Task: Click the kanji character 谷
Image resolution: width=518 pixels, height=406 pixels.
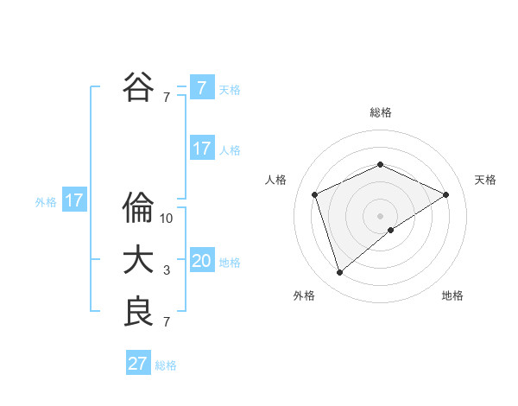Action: pos(138,86)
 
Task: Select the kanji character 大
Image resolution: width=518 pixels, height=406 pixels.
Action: pos(138,260)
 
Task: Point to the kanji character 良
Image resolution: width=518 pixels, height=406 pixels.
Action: pos(138,312)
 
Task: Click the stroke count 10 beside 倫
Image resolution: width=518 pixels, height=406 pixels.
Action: pos(167,219)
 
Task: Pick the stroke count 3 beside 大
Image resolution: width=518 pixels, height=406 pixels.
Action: pos(167,270)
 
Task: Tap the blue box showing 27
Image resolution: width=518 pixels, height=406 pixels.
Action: pos(138,364)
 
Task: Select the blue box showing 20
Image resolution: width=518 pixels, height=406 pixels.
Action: pos(202,261)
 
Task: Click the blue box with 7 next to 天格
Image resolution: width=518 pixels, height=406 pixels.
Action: pos(202,88)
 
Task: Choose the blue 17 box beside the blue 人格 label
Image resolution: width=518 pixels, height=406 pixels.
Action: pos(202,149)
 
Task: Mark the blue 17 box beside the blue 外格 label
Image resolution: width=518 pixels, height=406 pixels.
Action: pos(74,201)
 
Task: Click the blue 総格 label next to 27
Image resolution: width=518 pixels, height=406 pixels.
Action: pos(166,365)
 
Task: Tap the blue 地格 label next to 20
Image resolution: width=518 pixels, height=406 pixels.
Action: pos(231,263)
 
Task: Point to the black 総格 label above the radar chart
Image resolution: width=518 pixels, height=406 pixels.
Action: pos(381,112)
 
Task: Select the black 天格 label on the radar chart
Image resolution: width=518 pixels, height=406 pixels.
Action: pos(486,180)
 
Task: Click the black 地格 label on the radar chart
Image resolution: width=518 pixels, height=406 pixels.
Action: pos(452,295)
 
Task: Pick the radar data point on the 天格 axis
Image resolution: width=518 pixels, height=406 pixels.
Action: pos(446,194)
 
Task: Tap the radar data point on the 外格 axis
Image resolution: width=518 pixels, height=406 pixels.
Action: pos(340,273)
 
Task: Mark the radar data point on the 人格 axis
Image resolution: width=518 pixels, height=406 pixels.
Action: pos(315,194)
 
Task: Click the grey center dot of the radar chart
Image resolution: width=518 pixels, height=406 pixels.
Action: pos(381,215)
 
